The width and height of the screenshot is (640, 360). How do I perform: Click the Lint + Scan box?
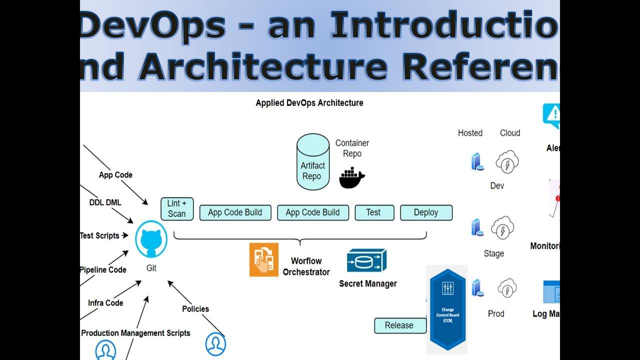click(177, 209)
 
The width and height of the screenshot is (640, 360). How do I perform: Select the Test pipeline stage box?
click(374, 212)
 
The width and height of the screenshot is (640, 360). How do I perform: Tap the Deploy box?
click(426, 212)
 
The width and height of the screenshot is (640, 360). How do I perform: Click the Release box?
click(399, 325)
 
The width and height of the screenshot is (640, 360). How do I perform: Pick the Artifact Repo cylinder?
click(313, 162)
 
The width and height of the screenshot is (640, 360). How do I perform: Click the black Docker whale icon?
click(352, 178)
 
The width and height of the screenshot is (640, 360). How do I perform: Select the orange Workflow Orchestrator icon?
click(264, 259)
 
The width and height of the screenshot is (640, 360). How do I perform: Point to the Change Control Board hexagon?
click(446, 310)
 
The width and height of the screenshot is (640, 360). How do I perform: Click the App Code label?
click(115, 175)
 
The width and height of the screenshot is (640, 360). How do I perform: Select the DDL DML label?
click(105, 202)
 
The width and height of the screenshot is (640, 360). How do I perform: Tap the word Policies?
click(195, 309)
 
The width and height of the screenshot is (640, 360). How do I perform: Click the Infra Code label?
click(105, 303)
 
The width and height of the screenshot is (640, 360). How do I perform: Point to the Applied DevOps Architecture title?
click(309, 103)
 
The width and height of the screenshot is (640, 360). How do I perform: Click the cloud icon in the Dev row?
click(507, 162)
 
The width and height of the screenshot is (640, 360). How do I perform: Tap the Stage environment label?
click(493, 253)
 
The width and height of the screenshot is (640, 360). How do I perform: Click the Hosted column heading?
click(470, 133)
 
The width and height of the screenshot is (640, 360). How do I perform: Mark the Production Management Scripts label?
click(135, 333)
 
